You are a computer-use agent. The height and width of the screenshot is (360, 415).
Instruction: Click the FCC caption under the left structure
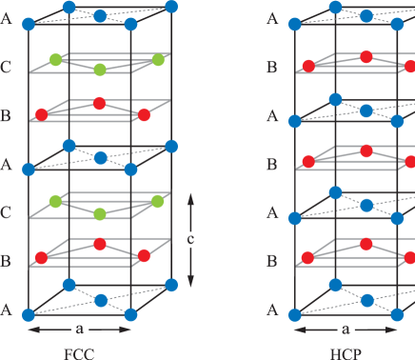pyautogui.click(x=80, y=353)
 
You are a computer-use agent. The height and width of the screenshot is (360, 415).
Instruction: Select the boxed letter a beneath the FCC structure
pyautogui.click(x=80, y=330)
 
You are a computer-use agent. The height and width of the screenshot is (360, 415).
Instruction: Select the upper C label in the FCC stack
pyautogui.click(x=8, y=69)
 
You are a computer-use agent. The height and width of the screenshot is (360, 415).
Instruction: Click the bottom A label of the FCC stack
pyautogui.click(x=8, y=310)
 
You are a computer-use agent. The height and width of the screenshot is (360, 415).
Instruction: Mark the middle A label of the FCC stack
pyautogui.click(x=8, y=165)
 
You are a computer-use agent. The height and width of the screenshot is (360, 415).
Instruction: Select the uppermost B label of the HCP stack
pyautogui.click(x=274, y=69)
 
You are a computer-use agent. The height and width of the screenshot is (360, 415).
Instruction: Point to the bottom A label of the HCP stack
pyautogui.click(x=274, y=310)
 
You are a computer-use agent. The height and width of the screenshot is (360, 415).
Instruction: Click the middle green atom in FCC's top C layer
pyautogui.click(x=100, y=70)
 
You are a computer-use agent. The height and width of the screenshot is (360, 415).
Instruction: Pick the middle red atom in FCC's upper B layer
pyautogui.click(x=99, y=103)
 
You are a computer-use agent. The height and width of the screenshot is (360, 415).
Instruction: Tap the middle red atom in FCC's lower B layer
pyautogui.click(x=99, y=245)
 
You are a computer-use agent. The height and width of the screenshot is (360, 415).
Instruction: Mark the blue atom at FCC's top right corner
pyautogui.click(x=171, y=7)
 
